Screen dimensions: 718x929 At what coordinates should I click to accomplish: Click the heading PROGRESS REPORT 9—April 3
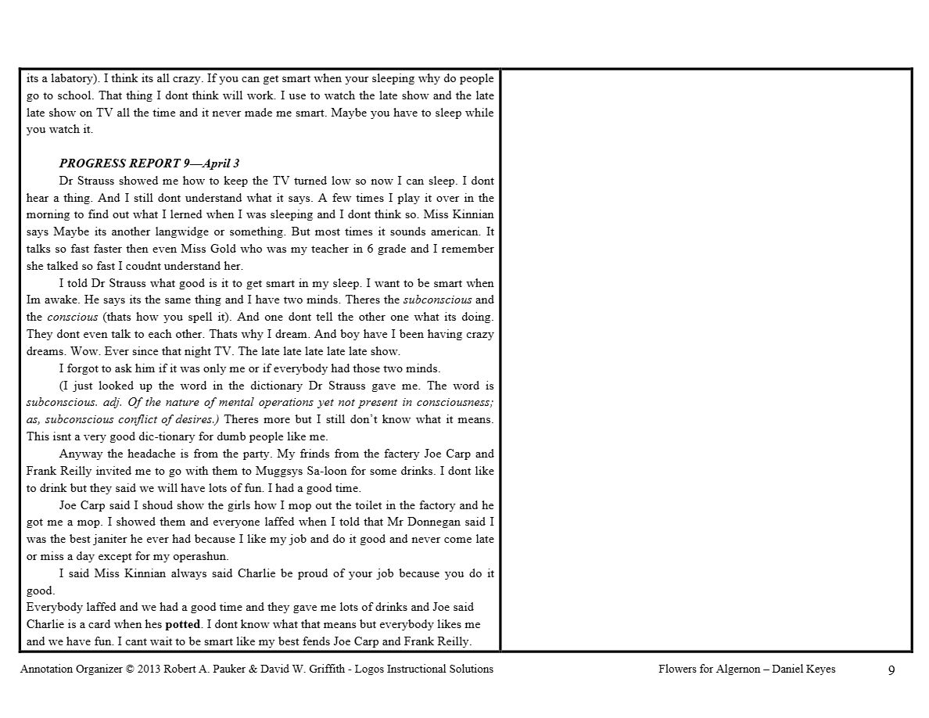point(149,163)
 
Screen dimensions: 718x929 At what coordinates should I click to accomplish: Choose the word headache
point(147,454)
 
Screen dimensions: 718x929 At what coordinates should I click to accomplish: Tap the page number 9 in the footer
point(891,670)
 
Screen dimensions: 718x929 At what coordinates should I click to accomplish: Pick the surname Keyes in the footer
point(820,669)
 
